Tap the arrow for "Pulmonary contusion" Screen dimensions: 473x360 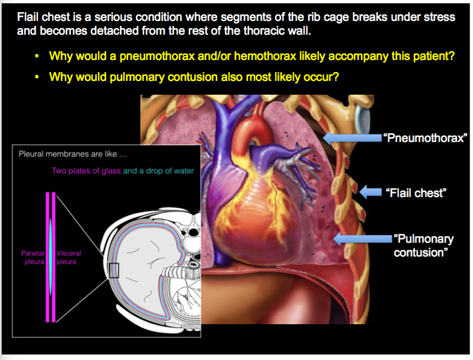(x=361, y=238)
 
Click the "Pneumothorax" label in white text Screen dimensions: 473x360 (x=425, y=137)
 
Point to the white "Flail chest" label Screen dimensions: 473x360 (x=416, y=193)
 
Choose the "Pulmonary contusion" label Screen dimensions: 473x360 (x=423, y=246)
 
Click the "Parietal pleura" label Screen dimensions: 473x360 (x=32, y=258)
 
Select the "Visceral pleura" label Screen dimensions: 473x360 (x=69, y=258)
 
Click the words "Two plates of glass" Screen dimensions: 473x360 (x=86, y=171)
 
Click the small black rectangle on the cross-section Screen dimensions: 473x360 (x=114, y=270)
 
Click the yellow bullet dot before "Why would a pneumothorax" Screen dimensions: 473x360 (x=37, y=57)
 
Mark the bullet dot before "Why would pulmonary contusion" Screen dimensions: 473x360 (x=37, y=78)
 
